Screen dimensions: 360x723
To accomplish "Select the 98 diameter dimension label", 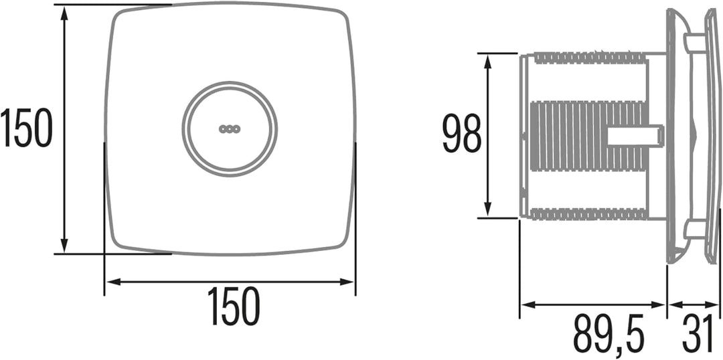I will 462,135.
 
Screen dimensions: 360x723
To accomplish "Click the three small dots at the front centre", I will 230,128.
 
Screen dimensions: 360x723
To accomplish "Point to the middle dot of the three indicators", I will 230,128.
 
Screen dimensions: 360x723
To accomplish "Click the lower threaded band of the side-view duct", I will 589,213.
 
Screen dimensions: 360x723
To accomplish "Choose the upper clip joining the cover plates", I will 694,43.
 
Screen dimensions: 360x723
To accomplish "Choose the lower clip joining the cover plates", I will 694,230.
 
